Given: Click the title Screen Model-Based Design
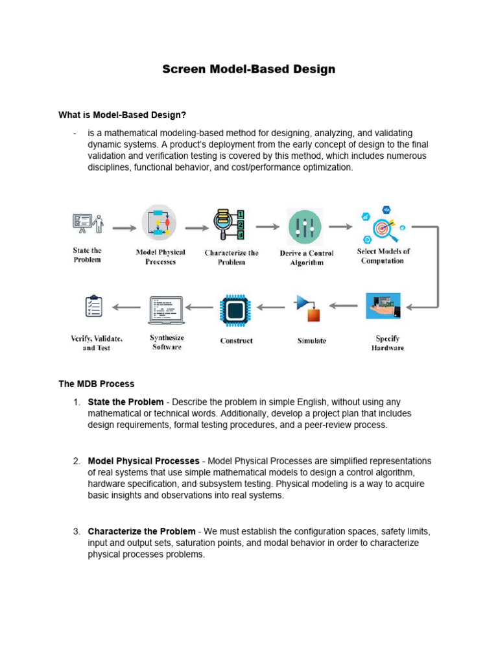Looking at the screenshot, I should (248, 69).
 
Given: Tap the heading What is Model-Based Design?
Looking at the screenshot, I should (122, 115).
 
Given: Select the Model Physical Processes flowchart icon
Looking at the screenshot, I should (160, 223).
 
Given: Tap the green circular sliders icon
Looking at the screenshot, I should (305, 227).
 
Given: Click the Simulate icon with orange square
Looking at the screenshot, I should (309, 309).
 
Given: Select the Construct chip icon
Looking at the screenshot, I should (235, 309).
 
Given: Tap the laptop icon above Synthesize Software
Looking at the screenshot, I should (166, 310).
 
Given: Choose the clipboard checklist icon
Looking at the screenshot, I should (94, 306).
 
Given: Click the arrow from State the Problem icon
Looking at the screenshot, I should (124, 228).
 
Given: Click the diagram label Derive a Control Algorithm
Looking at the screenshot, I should (306, 258).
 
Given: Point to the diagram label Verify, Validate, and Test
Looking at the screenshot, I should (97, 343).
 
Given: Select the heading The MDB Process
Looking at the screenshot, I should (96, 384).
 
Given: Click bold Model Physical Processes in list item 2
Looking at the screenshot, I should (143, 461).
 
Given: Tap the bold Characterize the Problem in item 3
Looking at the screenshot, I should (141, 532).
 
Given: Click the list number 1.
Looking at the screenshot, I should (77, 402).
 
